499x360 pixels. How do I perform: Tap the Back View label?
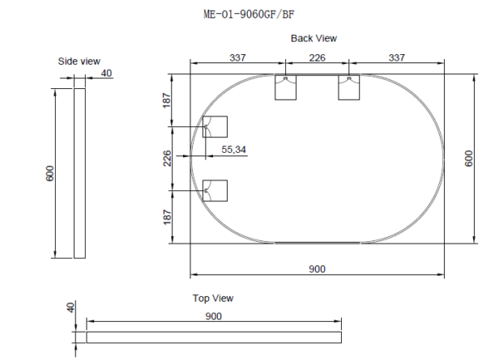(314, 38)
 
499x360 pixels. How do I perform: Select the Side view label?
(78, 62)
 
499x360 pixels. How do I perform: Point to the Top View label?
(213, 298)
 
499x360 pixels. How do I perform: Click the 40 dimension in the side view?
(106, 73)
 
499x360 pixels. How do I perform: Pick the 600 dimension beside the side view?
(50, 174)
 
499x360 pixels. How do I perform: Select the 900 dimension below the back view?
(317, 269)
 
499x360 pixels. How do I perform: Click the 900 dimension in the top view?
(213, 316)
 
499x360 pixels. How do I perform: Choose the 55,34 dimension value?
(234, 150)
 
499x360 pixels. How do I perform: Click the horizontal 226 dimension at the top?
(317, 58)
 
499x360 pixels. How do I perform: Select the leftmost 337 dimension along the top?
(239, 58)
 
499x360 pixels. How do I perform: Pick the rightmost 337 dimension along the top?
(396, 58)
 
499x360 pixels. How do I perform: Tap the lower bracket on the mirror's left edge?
(215, 190)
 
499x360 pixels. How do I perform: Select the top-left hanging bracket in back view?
(285, 87)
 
